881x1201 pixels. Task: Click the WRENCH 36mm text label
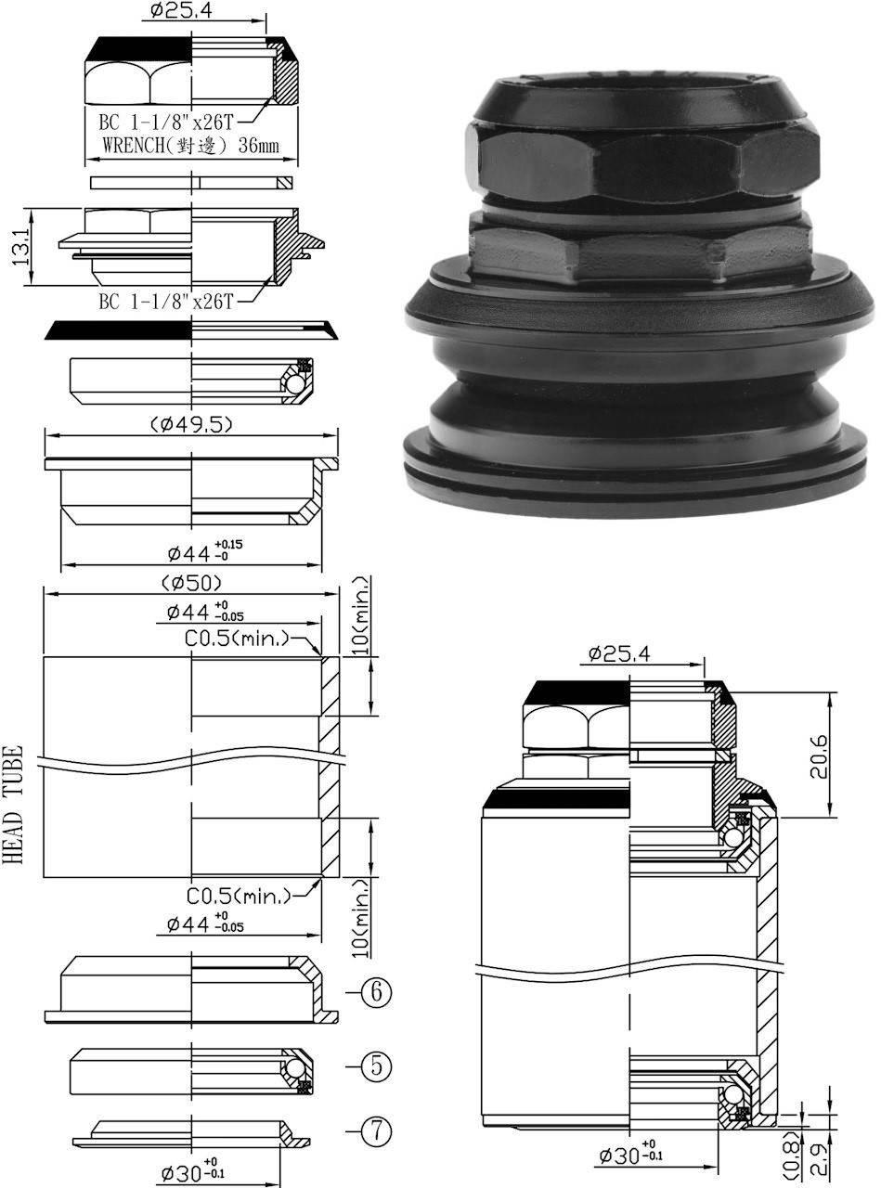coord(190,146)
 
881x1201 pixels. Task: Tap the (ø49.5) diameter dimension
coord(190,424)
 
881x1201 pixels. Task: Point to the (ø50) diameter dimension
coord(190,582)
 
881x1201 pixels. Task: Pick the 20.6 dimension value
coord(818,754)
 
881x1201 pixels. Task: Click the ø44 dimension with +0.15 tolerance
coord(204,551)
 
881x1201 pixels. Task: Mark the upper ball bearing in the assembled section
coord(732,838)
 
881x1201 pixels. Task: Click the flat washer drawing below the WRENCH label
coord(190,182)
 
